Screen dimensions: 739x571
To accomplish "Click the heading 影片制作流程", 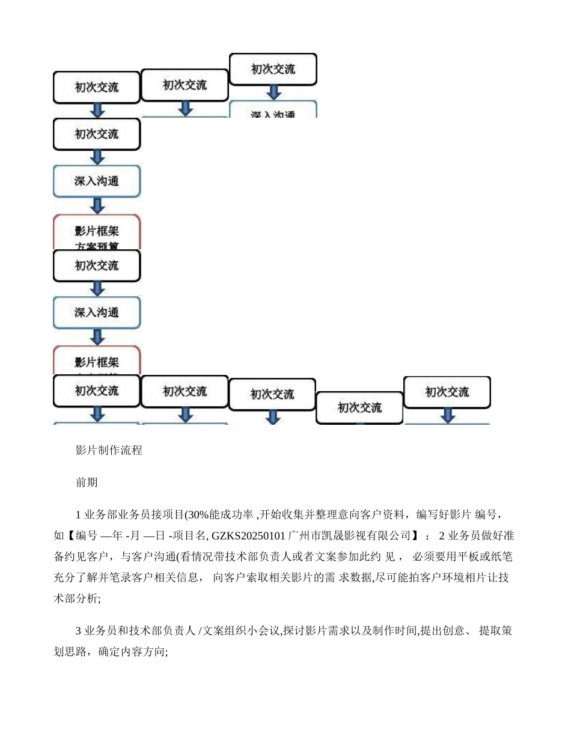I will (109, 450).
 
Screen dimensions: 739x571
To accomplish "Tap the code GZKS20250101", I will (249, 535).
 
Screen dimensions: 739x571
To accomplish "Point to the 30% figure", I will (197, 515).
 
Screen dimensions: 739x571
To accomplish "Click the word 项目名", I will (193, 535).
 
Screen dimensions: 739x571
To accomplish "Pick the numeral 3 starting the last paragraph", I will (78, 631).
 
